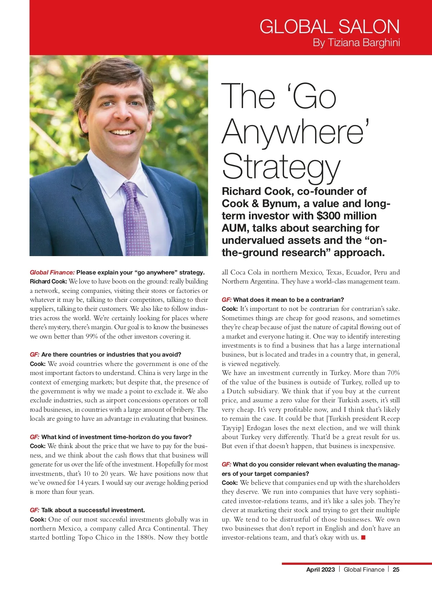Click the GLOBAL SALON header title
329,27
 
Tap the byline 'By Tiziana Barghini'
356,43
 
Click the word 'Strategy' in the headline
281,166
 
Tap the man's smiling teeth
121,132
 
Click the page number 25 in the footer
396,569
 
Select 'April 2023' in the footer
320,569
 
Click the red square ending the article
363,538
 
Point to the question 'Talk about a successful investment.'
93,510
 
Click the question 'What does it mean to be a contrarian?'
288,300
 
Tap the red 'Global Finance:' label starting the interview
52,272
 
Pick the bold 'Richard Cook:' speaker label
48,281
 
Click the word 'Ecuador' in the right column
357,272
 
